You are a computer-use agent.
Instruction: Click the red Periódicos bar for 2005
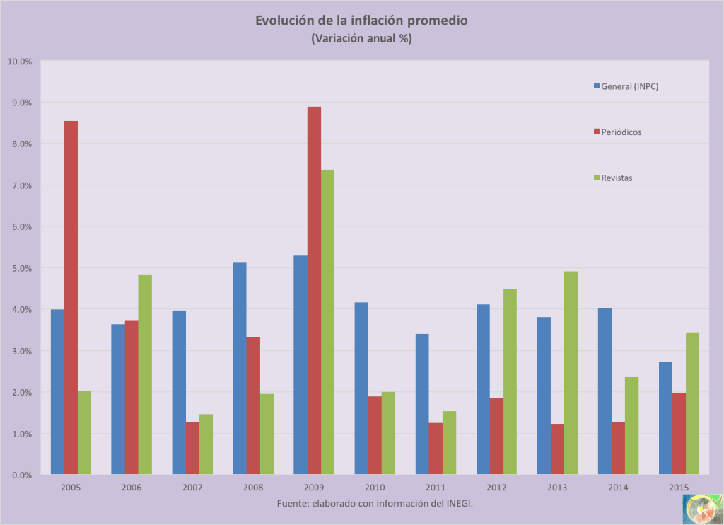point(71,297)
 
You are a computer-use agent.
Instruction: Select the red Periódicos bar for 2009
point(314,290)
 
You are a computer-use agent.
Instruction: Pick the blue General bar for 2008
point(240,368)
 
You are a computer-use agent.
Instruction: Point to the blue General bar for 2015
point(665,418)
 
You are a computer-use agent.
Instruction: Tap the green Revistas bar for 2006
point(145,374)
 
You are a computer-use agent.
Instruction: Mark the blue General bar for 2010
point(361,388)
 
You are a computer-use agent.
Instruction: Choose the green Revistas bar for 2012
point(510,382)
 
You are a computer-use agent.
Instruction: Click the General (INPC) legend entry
point(626,86)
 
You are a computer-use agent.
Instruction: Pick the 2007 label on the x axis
point(192,487)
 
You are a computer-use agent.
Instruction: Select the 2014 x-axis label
point(618,487)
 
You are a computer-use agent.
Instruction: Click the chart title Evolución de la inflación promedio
point(361,21)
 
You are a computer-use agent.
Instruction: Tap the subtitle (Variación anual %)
point(361,39)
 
